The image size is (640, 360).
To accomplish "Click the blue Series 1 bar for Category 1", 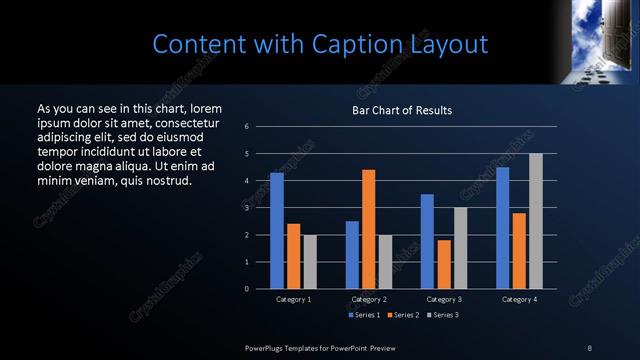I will click(x=277, y=230).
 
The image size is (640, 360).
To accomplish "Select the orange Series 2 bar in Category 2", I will click(x=368, y=229).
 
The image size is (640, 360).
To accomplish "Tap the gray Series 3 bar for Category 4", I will click(x=535, y=221).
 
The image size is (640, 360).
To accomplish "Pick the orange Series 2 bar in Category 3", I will click(x=444, y=264).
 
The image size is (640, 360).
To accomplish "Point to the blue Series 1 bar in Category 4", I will click(x=502, y=227).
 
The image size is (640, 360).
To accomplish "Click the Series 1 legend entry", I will click(x=363, y=315).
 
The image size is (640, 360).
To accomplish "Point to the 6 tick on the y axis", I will click(x=247, y=127).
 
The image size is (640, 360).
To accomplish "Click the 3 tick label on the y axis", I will click(x=247, y=208).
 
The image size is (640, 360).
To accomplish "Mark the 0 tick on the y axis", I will click(x=247, y=289).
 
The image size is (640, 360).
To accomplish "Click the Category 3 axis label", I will click(x=444, y=299).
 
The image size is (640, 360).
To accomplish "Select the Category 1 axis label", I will click(x=294, y=299).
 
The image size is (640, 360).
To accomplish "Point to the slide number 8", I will click(x=590, y=347).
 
